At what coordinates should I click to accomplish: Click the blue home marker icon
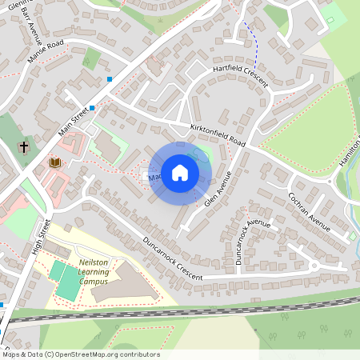point(180,172)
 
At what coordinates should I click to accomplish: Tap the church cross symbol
point(24,147)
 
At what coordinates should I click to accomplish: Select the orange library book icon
point(55,162)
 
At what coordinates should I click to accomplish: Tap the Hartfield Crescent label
point(239,74)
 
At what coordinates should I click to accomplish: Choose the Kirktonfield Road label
point(217,134)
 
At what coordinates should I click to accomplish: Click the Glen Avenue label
point(218,190)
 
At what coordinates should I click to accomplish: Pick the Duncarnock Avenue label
point(254,240)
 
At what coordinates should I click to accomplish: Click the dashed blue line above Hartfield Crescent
point(254,45)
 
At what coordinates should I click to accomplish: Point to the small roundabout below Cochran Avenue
point(314,265)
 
